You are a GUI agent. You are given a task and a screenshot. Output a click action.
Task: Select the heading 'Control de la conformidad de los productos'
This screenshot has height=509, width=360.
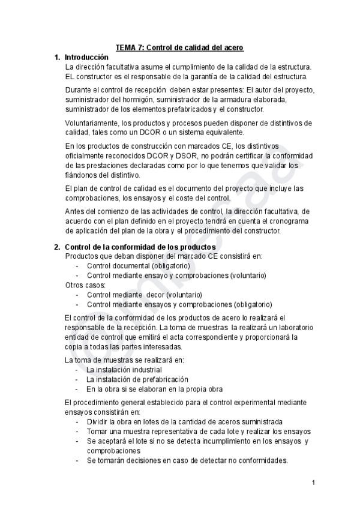click(x=140, y=247)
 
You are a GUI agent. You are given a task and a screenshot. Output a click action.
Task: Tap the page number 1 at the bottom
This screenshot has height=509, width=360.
click(x=313, y=483)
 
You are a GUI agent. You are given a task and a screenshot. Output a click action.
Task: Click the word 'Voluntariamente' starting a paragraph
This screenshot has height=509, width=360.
click(x=90, y=123)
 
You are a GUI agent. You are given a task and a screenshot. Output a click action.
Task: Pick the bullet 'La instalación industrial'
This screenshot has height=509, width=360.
click(x=124, y=370)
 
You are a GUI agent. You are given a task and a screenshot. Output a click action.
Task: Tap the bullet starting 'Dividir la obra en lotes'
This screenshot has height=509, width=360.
click(x=184, y=422)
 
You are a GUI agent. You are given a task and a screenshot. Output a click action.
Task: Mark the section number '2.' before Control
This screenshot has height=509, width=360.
click(x=57, y=247)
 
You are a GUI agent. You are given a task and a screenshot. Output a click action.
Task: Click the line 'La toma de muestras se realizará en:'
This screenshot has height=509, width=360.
click(x=124, y=360)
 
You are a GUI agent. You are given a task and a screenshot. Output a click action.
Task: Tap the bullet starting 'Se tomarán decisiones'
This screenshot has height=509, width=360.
click(x=187, y=460)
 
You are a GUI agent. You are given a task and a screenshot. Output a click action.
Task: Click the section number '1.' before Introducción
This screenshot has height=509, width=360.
click(x=57, y=57)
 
